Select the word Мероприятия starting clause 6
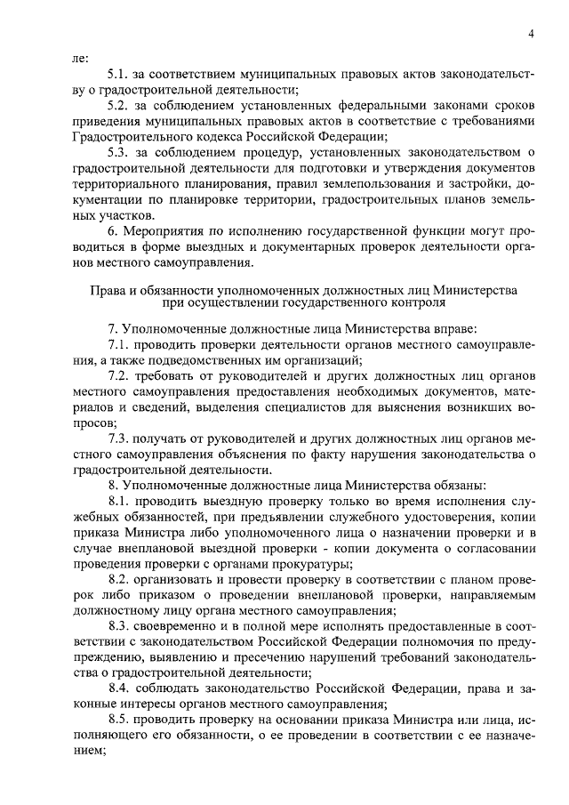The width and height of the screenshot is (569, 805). pos(159,234)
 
